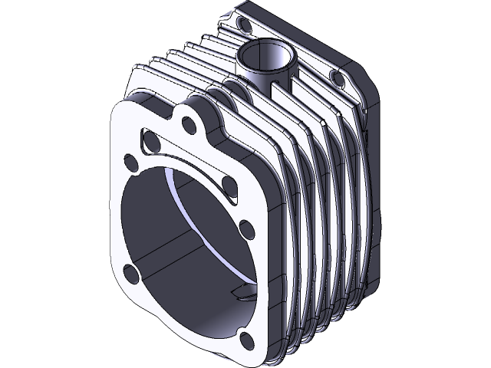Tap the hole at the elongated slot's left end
coord(150,141)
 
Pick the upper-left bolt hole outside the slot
coord(131,163)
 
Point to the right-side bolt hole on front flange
coord(246,228)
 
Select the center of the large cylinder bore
coord(184,238)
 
